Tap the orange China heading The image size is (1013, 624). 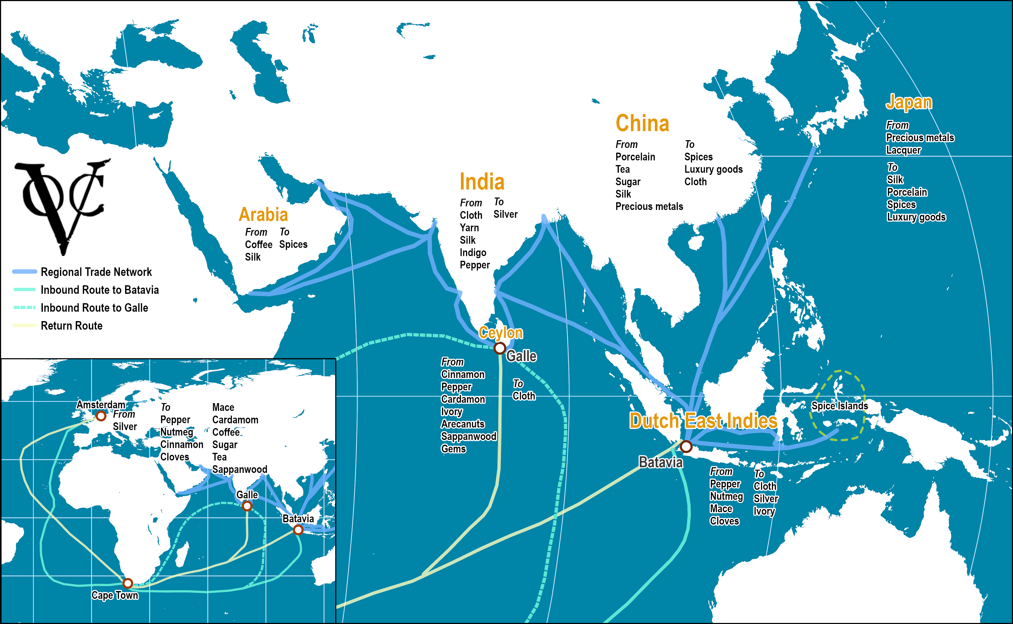(x=642, y=123)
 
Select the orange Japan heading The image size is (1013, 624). (x=909, y=102)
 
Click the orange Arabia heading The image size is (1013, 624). (x=263, y=215)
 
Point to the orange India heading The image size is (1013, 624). (x=482, y=182)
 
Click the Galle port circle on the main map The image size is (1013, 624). (x=499, y=348)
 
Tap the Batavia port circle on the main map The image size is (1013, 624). (x=686, y=446)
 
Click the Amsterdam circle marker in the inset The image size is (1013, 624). (x=101, y=416)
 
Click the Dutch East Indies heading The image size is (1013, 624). (x=703, y=421)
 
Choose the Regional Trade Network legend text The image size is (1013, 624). (x=96, y=272)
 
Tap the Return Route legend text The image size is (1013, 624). (x=71, y=325)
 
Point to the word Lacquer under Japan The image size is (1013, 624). (x=903, y=150)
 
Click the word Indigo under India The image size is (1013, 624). (x=473, y=253)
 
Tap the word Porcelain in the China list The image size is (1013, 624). (x=635, y=157)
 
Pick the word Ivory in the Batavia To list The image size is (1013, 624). (x=764, y=511)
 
